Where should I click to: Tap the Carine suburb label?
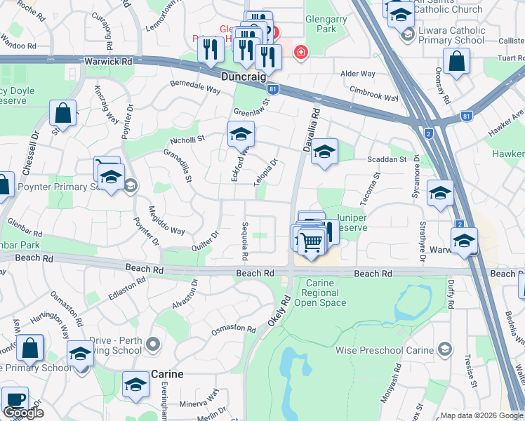(x=168, y=374)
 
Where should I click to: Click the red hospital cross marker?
(x=301, y=53)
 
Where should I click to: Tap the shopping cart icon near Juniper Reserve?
(x=312, y=242)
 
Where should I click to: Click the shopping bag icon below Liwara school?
(x=456, y=61)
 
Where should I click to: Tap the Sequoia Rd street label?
(x=246, y=241)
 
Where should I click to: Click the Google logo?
(x=23, y=413)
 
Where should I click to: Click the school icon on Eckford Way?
(x=240, y=133)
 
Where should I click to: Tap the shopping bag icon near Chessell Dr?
(x=62, y=113)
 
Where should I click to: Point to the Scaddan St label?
(x=387, y=159)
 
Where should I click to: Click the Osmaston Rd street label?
(x=234, y=328)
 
